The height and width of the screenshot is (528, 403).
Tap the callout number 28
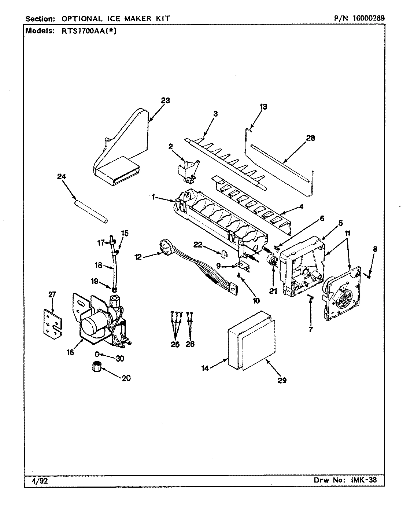point(311,138)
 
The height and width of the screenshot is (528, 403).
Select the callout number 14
point(205,368)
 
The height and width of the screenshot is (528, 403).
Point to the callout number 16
point(70,352)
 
